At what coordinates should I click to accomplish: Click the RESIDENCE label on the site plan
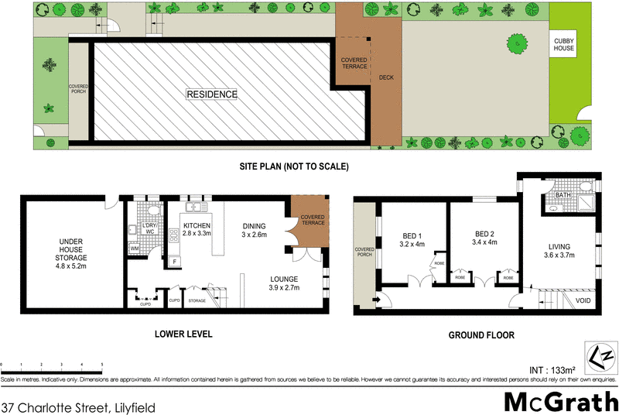pyautogui.click(x=211, y=94)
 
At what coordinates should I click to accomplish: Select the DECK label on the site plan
pyautogui.click(x=386, y=78)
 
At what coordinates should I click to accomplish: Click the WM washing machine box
pyautogui.click(x=134, y=248)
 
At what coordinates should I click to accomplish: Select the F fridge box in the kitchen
pyautogui.click(x=176, y=261)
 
